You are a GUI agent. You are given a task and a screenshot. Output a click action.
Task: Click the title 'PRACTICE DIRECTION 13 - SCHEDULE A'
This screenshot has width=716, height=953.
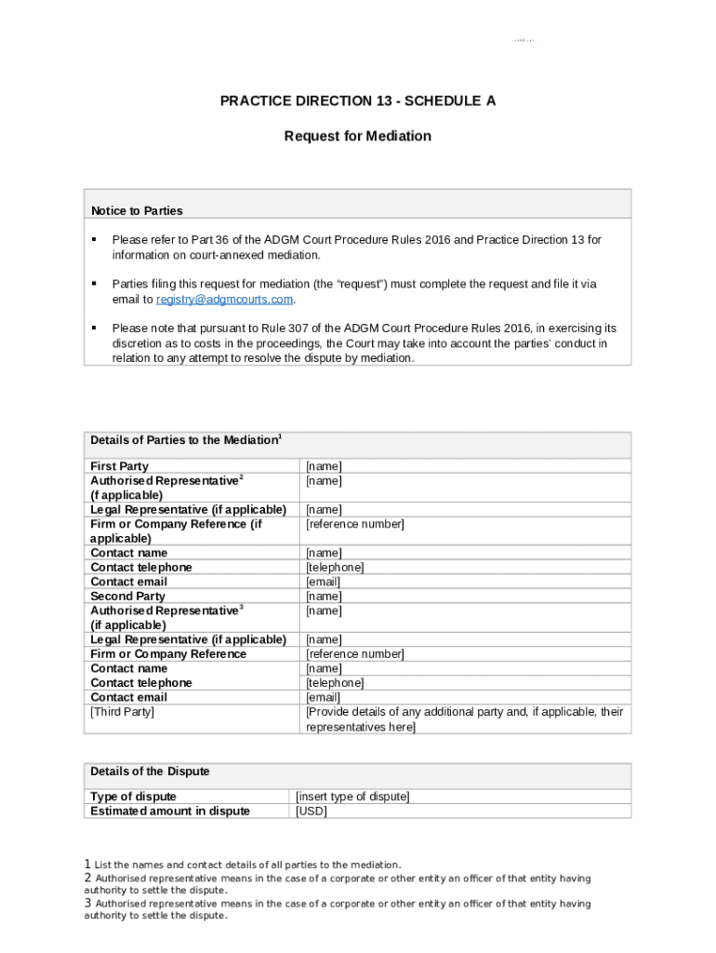pyautogui.click(x=357, y=101)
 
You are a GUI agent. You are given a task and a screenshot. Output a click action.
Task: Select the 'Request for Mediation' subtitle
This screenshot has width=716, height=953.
pyautogui.click(x=357, y=136)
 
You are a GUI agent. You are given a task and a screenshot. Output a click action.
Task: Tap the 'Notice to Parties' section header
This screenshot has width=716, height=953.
pyautogui.click(x=136, y=210)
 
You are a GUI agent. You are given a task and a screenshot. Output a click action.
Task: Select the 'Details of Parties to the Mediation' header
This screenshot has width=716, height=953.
pyautogui.click(x=184, y=440)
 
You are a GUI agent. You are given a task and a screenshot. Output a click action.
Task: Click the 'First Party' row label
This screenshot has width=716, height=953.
pyautogui.click(x=119, y=466)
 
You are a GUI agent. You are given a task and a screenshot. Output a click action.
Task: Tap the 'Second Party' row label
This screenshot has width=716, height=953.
pyautogui.click(x=127, y=597)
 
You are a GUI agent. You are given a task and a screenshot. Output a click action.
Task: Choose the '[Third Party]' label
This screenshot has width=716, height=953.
pyautogui.click(x=122, y=712)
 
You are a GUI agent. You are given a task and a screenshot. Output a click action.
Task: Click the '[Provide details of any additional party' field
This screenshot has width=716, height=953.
pyautogui.click(x=464, y=712)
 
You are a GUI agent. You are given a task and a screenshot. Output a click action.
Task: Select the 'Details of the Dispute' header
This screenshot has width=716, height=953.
pyautogui.click(x=150, y=772)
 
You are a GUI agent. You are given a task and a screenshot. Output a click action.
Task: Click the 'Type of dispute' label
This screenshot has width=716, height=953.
pyautogui.click(x=133, y=797)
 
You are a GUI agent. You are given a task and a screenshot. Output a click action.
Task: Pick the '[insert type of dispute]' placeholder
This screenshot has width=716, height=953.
pyautogui.click(x=352, y=797)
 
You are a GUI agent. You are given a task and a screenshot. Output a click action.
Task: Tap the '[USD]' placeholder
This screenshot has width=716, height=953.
pyautogui.click(x=312, y=812)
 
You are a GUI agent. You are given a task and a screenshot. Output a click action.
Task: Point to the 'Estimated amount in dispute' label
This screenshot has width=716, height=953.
pyautogui.click(x=169, y=812)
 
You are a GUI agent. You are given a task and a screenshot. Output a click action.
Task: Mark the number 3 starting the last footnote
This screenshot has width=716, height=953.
pyautogui.click(x=87, y=903)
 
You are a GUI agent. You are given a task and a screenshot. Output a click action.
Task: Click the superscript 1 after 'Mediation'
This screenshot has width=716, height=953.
pyautogui.click(x=281, y=436)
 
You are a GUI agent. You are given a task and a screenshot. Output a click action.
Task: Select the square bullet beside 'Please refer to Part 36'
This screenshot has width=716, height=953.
pyautogui.click(x=94, y=240)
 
